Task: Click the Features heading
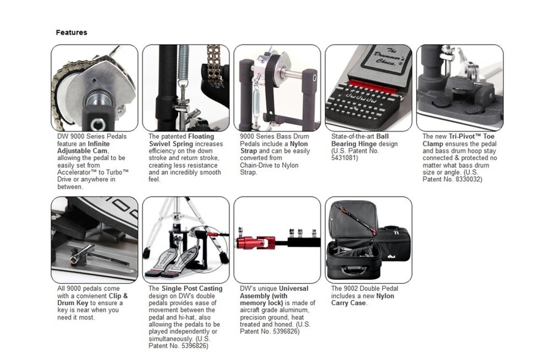coord(71,33)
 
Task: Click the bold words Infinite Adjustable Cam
coord(83,147)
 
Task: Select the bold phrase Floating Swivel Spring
coord(181,140)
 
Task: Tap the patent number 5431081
coord(344,158)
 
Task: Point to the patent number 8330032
coord(468,180)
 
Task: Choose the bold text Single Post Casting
coord(192,289)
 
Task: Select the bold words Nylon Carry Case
coord(363,300)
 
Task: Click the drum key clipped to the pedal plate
coord(98,257)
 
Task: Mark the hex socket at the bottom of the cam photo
coord(98,124)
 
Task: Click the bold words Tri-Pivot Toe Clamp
coord(459,140)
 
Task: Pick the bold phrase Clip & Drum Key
coord(93,300)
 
